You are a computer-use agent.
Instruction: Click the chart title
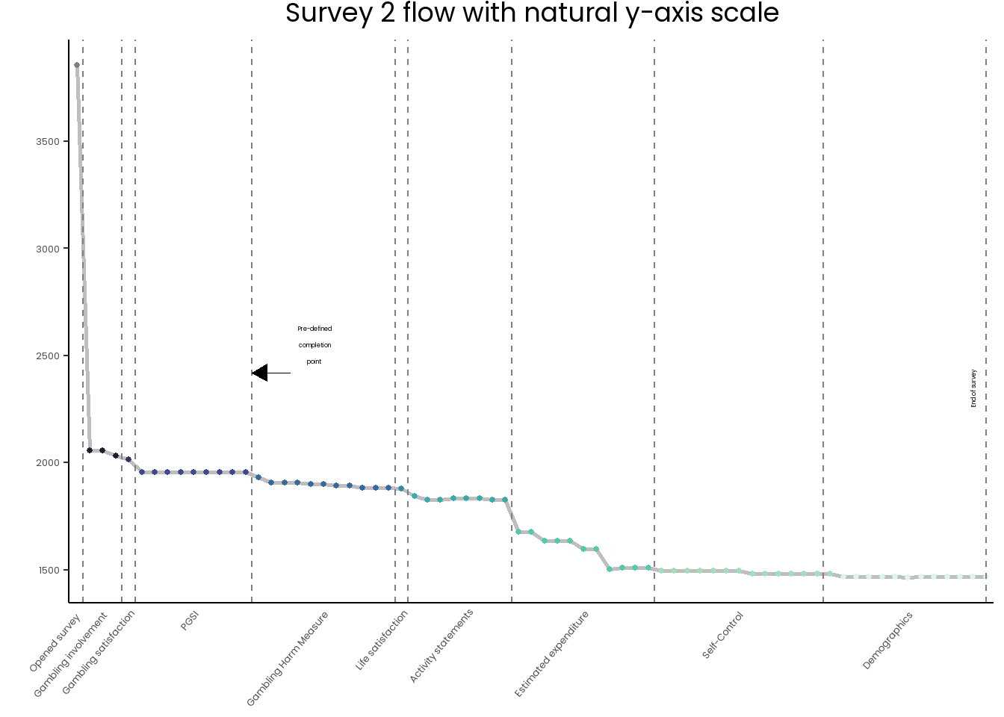[x=532, y=13]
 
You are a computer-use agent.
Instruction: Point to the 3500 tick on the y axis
[x=48, y=142]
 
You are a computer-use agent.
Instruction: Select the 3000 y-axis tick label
[x=48, y=249]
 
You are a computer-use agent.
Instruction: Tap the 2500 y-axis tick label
[x=48, y=356]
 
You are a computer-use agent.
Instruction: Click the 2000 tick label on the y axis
[x=48, y=462]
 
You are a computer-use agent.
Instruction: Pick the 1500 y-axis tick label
[x=49, y=570]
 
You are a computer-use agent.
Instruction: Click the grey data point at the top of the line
[x=77, y=66]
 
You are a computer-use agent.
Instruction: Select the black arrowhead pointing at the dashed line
[x=260, y=373]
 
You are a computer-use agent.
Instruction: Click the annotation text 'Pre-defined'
[x=314, y=329]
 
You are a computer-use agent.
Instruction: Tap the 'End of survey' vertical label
[x=973, y=388]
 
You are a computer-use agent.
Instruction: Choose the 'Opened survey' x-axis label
[x=55, y=643]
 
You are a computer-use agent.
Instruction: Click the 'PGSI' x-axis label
[x=190, y=621]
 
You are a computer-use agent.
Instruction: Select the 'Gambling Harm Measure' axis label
[x=288, y=659]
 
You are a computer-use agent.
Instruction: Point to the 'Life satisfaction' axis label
[x=382, y=640]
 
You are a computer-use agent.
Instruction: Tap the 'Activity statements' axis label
[x=441, y=646]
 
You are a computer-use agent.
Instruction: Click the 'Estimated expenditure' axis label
[x=551, y=654]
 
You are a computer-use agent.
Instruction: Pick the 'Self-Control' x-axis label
[x=722, y=635]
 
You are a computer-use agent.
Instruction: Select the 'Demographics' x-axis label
[x=887, y=641]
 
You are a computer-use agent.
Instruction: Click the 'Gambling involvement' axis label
[x=70, y=655]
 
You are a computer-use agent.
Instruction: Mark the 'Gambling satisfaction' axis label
[x=98, y=653]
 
